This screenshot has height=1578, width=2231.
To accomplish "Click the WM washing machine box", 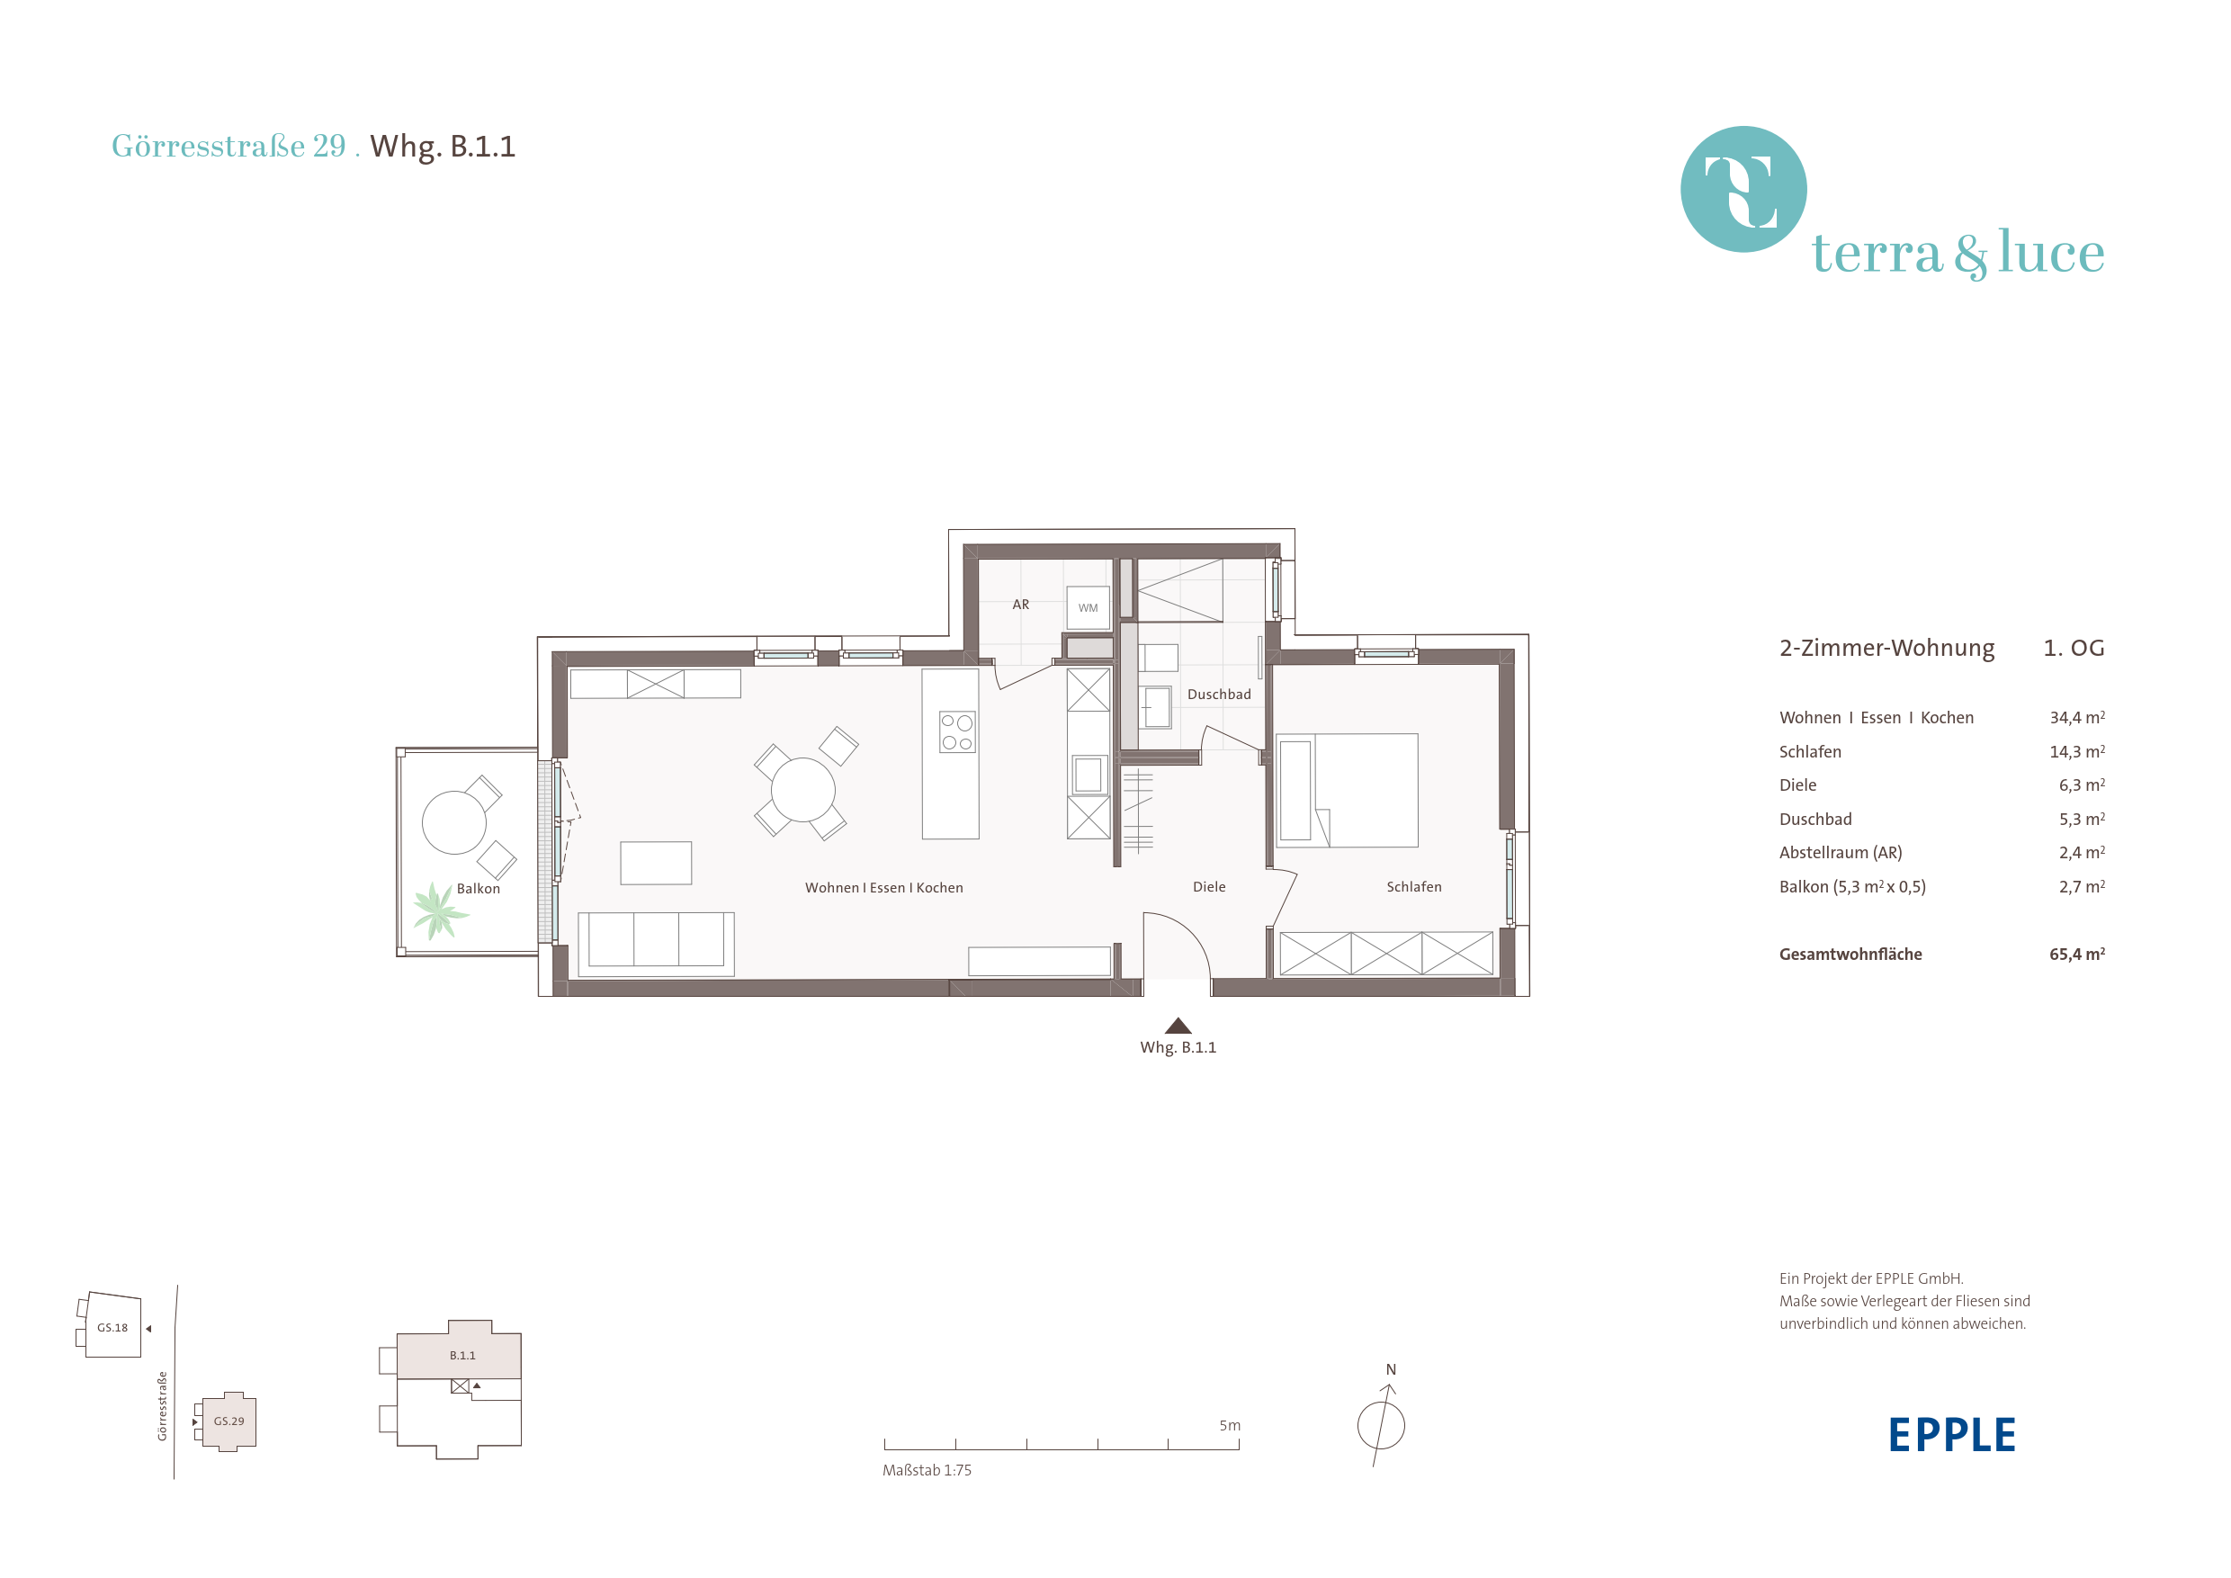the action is [x=1088, y=607].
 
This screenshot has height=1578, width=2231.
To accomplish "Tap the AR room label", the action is [x=1020, y=605].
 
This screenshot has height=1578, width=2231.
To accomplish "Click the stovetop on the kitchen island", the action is [x=957, y=731].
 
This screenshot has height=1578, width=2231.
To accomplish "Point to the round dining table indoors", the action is [x=802, y=790].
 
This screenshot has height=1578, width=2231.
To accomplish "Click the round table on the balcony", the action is [x=453, y=822].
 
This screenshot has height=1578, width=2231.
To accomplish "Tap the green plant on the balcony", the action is [x=438, y=910].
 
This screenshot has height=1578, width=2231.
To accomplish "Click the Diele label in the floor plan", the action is [x=1209, y=886].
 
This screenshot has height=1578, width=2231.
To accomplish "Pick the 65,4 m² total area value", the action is [x=2076, y=954].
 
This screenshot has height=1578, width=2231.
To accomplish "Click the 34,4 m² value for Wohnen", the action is [x=2076, y=717].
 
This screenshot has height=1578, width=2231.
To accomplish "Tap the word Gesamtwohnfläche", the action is [x=1850, y=955].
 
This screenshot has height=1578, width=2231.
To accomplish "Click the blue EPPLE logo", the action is [x=1951, y=1434].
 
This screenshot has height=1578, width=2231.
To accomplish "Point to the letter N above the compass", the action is [x=1391, y=1369].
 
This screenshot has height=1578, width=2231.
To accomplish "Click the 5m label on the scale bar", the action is [x=1229, y=1425].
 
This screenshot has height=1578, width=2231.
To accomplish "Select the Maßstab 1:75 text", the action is [x=926, y=1470].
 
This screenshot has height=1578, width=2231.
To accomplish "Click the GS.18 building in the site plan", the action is [x=112, y=1325].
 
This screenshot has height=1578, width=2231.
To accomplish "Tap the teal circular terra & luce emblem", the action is [x=1743, y=189].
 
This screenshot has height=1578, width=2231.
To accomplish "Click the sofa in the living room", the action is [x=656, y=943].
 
